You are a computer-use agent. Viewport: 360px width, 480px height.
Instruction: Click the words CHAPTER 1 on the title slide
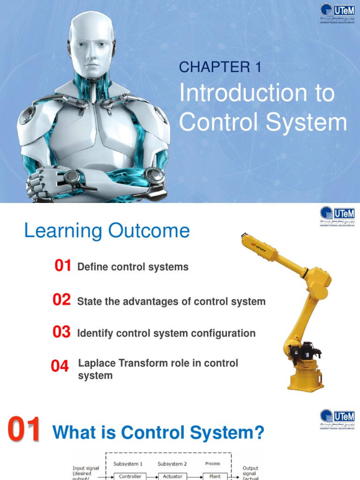[x=220, y=67]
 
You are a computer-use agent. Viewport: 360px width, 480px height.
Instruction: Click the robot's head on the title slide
[x=91, y=45]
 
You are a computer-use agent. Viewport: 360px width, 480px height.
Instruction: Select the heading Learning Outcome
[x=107, y=231]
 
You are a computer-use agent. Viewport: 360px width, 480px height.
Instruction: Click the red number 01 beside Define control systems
[x=63, y=266]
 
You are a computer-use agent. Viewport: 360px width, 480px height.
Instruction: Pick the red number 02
[x=62, y=300]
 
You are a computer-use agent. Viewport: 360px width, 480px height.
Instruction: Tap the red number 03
[x=62, y=332]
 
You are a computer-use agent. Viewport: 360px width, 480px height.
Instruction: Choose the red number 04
[x=60, y=366]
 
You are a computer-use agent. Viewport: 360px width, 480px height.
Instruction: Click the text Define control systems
[x=133, y=267]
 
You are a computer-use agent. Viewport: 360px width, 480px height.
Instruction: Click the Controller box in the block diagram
[x=130, y=476]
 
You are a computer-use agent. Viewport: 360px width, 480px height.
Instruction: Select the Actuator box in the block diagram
[x=172, y=476]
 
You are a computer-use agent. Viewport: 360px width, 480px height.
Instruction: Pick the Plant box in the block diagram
[x=215, y=476]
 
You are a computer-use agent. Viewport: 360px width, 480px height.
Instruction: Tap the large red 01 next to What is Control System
[x=24, y=431]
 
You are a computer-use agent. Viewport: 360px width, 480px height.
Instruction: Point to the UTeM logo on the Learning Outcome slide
[x=337, y=216]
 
